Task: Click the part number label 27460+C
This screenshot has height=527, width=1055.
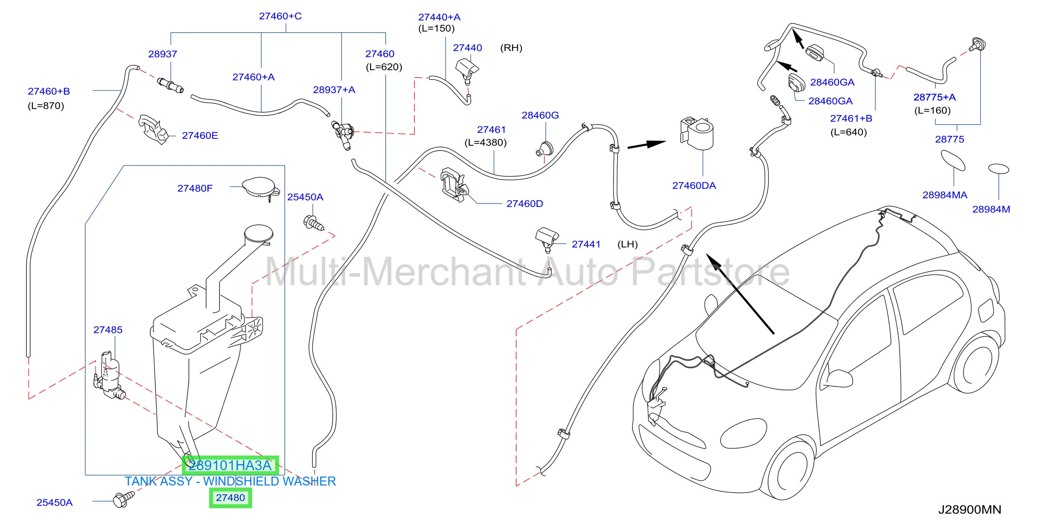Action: point(280,16)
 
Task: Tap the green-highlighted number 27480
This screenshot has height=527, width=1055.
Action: point(230,498)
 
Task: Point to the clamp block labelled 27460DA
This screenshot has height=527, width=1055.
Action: point(697,133)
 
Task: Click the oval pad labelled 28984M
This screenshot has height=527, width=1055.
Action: point(999,169)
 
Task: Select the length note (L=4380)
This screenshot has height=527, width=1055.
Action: point(485,142)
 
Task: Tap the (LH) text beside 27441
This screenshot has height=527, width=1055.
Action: point(627,244)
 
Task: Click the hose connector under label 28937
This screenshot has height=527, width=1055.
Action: point(170,85)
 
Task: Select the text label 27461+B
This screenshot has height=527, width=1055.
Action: point(851,118)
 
